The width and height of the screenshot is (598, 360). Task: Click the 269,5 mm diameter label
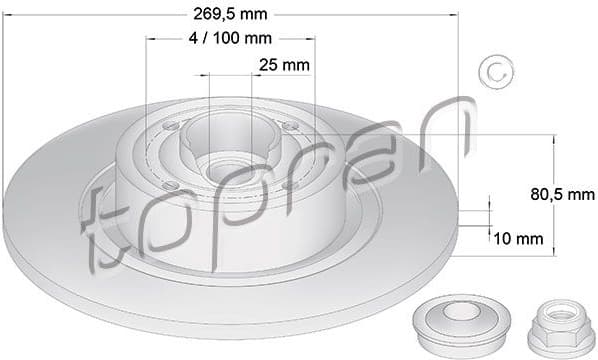[x=230, y=14]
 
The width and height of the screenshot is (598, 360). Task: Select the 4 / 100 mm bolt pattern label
[x=230, y=38]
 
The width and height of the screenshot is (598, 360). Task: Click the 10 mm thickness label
[x=517, y=238]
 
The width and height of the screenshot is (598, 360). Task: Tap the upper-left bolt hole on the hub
[x=170, y=127]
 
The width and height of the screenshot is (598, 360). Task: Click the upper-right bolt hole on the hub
[x=290, y=127]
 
